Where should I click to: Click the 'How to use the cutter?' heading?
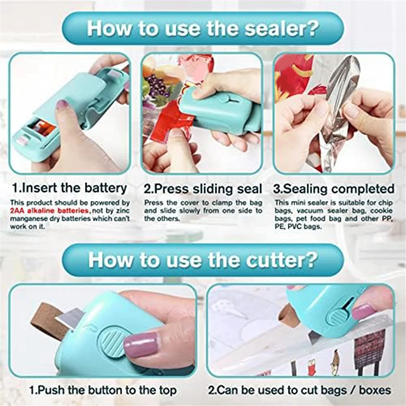tap(203, 260)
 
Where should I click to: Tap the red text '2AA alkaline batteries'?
tap(50, 211)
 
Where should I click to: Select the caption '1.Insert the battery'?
tap(69, 188)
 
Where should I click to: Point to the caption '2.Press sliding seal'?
tap(203, 189)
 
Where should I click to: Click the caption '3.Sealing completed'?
tap(334, 189)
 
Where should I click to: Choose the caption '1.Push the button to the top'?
tap(103, 390)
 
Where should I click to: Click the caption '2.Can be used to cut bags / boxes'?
tap(299, 390)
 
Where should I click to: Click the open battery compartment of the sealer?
tap(41, 128)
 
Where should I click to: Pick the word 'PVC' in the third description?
tap(297, 227)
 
